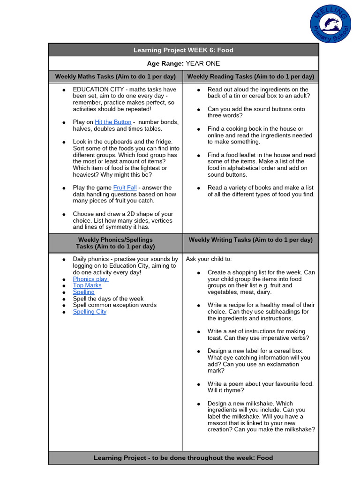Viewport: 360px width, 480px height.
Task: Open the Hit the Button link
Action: click(113, 122)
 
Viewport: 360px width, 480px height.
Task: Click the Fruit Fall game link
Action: click(125, 187)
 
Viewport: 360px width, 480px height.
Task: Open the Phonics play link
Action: click(90, 279)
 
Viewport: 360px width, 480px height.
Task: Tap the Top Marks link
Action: click(87, 285)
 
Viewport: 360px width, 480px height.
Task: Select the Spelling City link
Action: click(90, 312)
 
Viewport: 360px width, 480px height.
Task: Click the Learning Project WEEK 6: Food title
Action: click(183, 50)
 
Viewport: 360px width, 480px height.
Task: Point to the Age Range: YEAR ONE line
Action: click(183, 63)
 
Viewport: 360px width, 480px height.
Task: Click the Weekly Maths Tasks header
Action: click(115, 76)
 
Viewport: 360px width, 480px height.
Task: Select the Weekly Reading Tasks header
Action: click(250, 76)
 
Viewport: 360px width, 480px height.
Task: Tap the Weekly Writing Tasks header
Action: click(250, 240)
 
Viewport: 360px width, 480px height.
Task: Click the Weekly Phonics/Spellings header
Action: click(115, 243)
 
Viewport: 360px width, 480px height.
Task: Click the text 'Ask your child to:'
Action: click(209, 259)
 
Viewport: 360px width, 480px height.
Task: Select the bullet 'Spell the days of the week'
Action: click(108, 299)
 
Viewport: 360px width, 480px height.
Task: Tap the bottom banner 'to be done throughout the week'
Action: click(183, 457)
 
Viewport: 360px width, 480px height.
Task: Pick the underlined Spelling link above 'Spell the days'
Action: click(83, 292)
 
